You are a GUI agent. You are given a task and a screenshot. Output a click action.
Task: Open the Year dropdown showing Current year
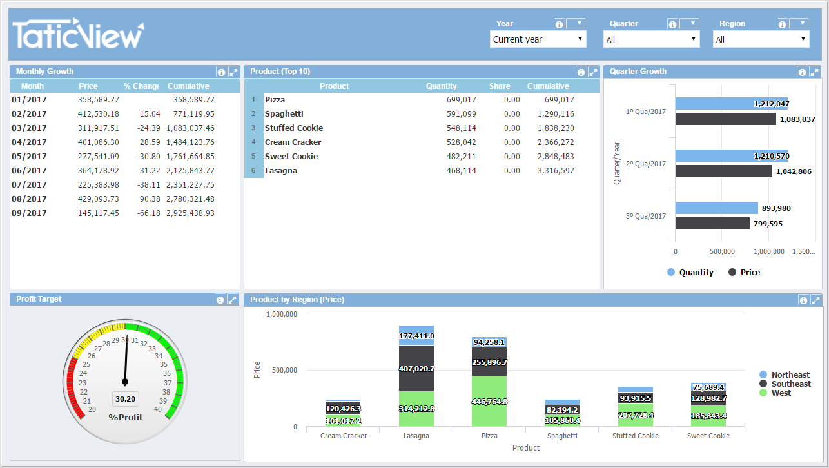coord(538,39)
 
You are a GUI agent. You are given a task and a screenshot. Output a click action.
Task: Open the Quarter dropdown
coord(651,39)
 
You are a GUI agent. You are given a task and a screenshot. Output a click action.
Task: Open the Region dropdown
coord(761,39)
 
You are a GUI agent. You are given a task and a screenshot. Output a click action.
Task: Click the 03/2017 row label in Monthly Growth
coord(30,128)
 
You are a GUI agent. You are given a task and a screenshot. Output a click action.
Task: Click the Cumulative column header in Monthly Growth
coord(188,86)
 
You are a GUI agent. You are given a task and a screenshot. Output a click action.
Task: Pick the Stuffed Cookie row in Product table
coord(294,128)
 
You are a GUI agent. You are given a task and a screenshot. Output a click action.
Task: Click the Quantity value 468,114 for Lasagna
coord(461,171)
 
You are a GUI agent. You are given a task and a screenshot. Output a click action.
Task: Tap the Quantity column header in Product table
coord(441,86)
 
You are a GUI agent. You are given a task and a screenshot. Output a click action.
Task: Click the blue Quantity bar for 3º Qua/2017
coord(716,208)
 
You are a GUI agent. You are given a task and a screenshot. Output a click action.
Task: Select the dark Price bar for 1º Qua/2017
coord(725,119)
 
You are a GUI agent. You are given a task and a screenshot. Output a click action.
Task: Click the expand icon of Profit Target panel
coord(233,300)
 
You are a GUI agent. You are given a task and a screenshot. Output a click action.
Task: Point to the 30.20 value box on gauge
coord(125,399)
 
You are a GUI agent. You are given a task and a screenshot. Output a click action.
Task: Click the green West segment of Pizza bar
coord(489,401)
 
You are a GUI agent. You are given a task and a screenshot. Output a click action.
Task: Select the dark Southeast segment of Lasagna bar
coord(416,368)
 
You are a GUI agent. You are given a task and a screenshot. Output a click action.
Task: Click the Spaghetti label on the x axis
coord(561,436)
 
